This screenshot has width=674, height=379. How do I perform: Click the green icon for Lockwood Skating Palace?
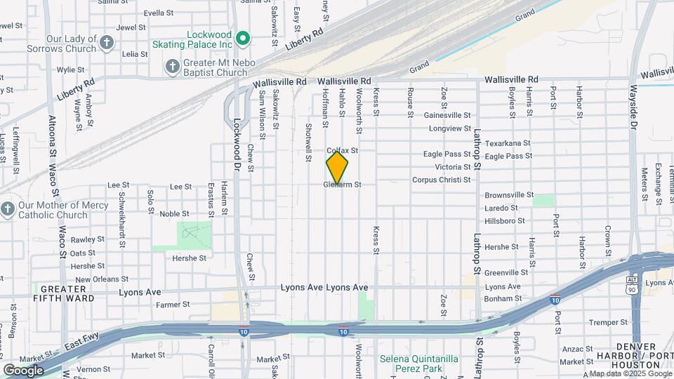pos(243,38)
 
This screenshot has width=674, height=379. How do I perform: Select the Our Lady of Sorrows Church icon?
pos(106,44)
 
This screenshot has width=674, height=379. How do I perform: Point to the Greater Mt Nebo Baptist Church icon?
pos(172,67)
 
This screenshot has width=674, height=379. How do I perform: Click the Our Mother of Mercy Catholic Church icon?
pos(8,210)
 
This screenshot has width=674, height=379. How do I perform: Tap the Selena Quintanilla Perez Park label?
pos(419,363)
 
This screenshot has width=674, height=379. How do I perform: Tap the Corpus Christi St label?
pos(441,180)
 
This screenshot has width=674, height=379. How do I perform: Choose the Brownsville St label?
pos(509,195)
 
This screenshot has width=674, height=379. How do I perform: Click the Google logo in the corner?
pos(23,370)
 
